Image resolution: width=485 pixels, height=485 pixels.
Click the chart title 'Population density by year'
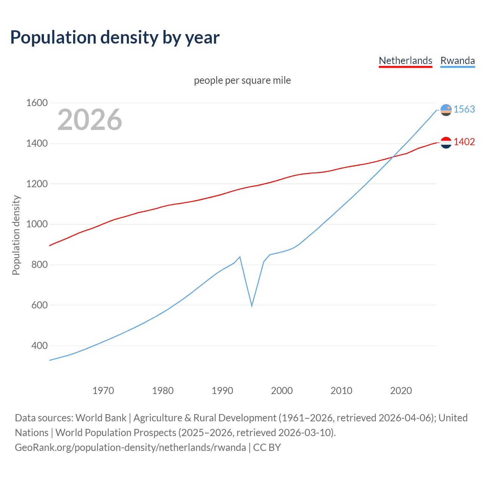point(114,38)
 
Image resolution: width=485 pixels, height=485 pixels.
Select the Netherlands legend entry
point(405,61)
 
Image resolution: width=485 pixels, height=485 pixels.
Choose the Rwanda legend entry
point(457,61)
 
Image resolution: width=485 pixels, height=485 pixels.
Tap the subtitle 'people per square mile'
point(242,80)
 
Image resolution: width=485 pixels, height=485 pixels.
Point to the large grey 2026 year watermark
point(90,120)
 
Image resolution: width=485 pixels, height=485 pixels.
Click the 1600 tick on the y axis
point(37,103)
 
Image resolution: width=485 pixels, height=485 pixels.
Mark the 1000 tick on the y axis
point(37,224)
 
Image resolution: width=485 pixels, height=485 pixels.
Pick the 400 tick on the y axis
point(39,346)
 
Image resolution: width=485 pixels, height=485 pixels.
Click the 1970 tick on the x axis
point(103,391)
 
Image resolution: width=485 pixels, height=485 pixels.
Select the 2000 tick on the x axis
point(282,391)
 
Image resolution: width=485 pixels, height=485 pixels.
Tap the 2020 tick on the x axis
point(401,391)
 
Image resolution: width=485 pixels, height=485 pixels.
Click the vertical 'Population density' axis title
point(16,235)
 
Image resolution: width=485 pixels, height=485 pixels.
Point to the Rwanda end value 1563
point(464,109)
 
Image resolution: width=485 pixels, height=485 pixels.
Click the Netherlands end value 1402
point(464,142)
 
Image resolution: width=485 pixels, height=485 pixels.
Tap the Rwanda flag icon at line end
point(446,110)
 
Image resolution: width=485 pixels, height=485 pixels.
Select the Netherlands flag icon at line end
point(446,142)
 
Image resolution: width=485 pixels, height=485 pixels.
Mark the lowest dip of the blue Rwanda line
point(252,305)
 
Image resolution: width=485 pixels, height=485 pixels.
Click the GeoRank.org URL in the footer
point(130,447)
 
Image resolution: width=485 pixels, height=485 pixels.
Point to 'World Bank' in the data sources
point(101,418)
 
